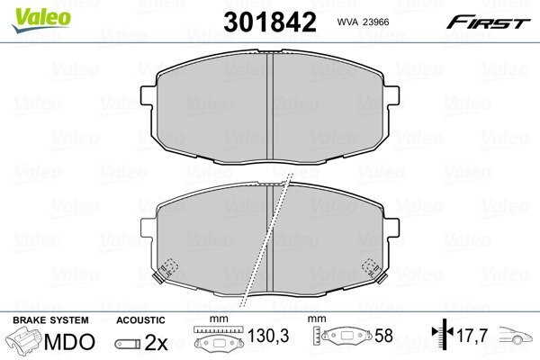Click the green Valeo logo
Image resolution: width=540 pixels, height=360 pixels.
click(x=41, y=20)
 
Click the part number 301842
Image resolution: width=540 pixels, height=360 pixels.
click(x=270, y=22)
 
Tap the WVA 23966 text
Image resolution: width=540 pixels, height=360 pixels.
click(x=363, y=22)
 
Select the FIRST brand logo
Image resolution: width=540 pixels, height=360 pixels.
click(x=488, y=22)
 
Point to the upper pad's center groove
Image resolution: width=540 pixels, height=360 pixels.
click(x=270, y=107)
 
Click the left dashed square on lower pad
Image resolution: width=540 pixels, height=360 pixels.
click(x=170, y=267)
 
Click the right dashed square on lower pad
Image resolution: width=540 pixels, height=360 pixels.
click(x=370, y=267)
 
